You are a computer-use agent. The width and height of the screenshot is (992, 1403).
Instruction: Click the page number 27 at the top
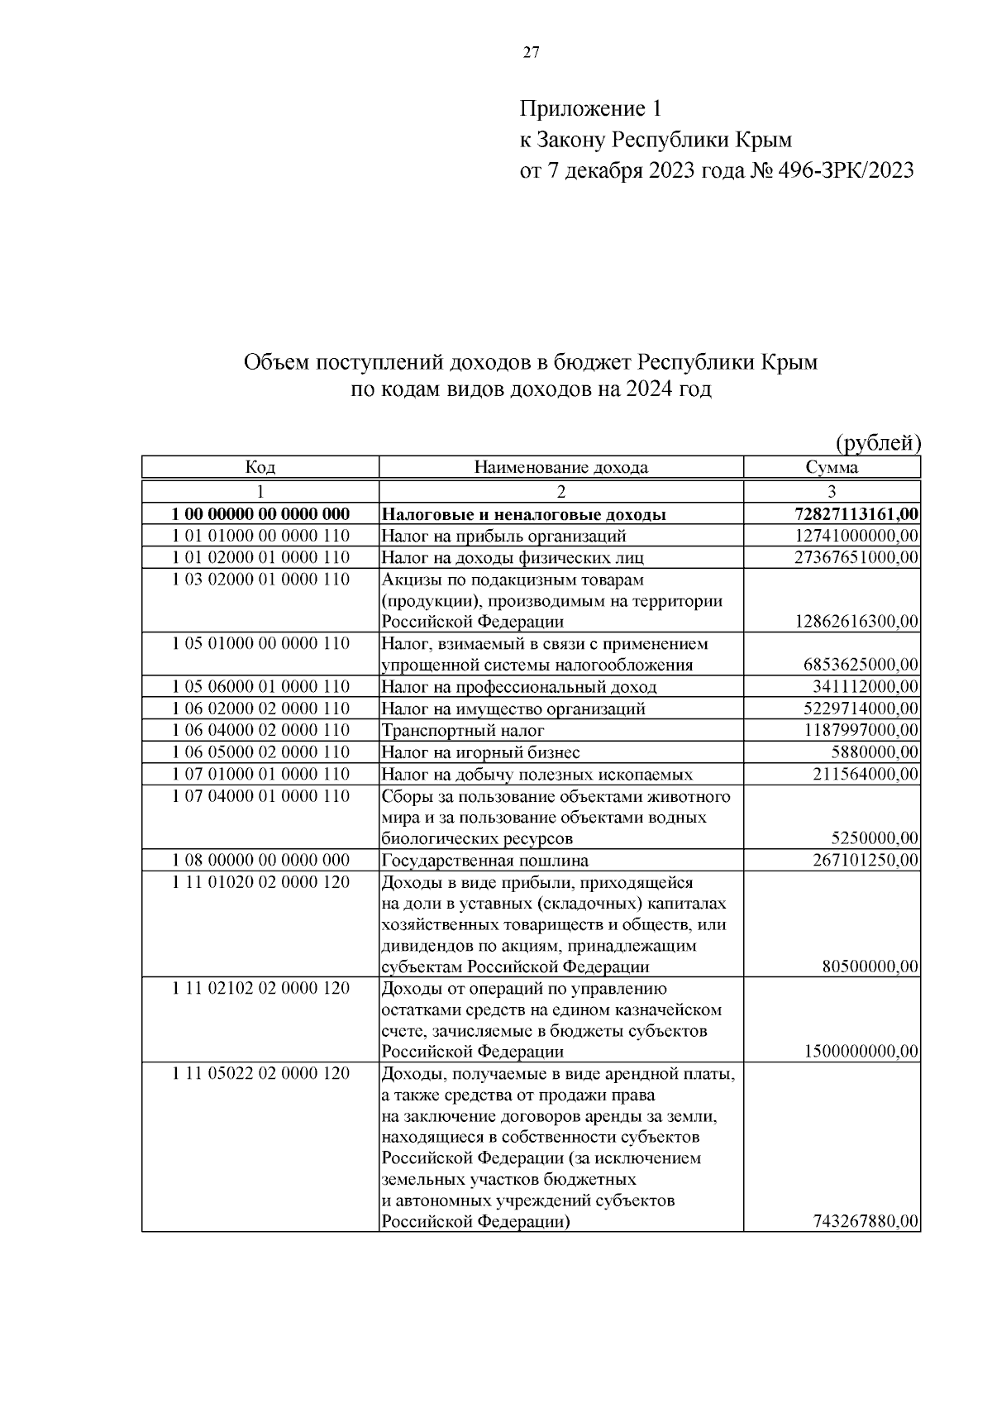[531, 53]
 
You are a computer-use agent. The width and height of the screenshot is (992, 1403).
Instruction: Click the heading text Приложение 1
[590, 108]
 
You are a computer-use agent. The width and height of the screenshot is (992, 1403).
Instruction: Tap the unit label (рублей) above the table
[879, 443]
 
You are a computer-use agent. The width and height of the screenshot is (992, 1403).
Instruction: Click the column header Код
[260, 467]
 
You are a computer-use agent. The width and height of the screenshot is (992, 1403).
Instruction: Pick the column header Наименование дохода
[560, 467]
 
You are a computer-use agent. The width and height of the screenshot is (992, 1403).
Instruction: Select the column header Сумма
[832, 467]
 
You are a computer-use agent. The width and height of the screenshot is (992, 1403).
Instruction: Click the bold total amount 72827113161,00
[857, 514]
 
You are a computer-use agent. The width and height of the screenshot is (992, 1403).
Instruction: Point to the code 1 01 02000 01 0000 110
[260, 557]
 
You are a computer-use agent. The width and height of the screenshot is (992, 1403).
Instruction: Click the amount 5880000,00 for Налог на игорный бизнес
[875, 752]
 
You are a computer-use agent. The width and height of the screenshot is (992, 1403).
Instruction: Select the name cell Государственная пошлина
[484, 860]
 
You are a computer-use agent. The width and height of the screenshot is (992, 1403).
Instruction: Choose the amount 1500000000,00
[861, 1052]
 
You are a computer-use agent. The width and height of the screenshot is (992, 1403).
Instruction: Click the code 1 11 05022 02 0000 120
[260, 1073]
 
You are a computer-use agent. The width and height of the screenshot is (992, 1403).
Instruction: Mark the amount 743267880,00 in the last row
[866, 1222]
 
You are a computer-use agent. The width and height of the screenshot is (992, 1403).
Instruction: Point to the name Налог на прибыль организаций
[503, 536]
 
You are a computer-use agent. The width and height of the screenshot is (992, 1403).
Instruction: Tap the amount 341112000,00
[866, 686]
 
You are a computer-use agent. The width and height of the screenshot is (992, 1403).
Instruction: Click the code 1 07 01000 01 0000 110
[260, 774]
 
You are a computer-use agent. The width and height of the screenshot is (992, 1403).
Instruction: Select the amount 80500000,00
[870, 966]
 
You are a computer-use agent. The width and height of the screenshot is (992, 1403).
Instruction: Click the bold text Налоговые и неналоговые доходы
[524, 514]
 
